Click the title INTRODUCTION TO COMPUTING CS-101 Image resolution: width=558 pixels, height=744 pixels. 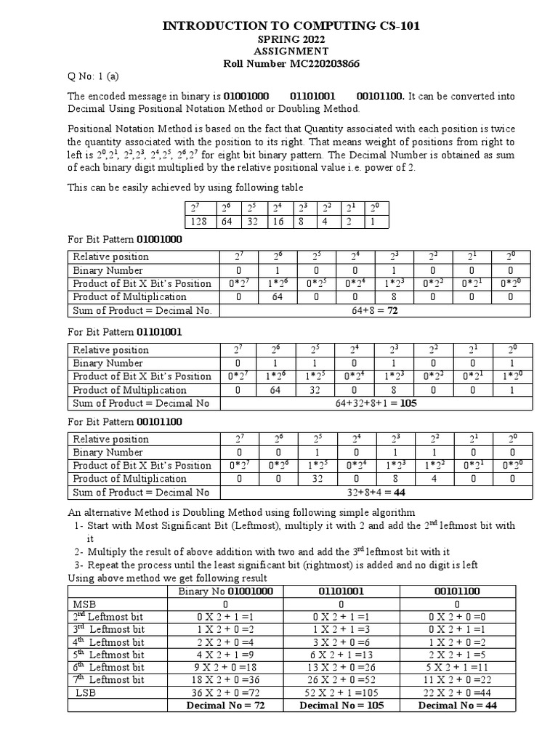point(291,26)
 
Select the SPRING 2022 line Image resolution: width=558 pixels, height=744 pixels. point(291,39)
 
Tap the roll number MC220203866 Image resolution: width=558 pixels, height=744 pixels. point(291,64)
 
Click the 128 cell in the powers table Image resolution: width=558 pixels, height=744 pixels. point(199,222)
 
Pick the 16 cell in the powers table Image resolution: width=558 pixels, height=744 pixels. point(278,222)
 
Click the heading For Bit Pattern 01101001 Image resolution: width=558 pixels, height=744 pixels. point(125,331)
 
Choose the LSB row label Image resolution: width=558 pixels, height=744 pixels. point(86,692)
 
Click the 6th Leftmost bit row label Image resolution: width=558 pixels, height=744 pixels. point(109,667)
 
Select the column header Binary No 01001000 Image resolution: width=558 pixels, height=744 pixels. point(225,591)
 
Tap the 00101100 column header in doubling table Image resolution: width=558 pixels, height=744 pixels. point(457,591)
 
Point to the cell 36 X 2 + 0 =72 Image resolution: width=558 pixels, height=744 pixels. point(225,692)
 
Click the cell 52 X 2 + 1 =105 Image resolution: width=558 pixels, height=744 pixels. point(341,692)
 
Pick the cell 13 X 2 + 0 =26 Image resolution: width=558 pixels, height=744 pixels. point(341,667)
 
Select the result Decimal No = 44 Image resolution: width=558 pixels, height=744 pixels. point(457,705)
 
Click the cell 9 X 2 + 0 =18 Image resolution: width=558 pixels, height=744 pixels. point(225,667)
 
